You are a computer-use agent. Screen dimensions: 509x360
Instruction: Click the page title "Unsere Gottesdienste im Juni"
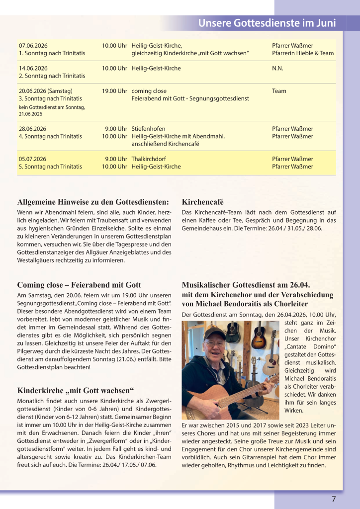tap(267, 23)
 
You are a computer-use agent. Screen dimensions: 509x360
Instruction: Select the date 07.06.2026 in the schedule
tap(33, 46)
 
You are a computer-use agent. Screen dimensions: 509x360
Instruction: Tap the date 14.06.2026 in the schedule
tap(33, 68)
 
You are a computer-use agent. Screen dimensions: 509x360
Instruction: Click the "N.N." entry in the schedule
tap(277, 68)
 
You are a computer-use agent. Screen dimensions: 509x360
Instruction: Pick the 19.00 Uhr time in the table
tap(114, 91)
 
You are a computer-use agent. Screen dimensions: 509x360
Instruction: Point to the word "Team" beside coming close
tap(279, 91)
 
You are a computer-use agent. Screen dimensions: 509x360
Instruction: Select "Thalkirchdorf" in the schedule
tap(149, 159)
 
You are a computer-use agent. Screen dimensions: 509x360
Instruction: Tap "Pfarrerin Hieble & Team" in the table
tap(303, 53)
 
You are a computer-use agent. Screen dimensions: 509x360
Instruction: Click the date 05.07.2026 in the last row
tap(33, 159)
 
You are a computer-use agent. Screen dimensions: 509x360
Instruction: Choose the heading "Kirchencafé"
tap(203, 202)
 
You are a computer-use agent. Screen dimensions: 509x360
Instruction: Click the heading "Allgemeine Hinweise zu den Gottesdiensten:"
tap(93, 202)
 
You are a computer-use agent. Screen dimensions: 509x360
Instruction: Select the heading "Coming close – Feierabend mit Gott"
tap(80, 285)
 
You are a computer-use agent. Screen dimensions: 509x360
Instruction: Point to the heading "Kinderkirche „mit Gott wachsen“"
tap(72, 390)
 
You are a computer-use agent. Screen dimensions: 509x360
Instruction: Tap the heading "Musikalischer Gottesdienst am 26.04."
tap(246, 285)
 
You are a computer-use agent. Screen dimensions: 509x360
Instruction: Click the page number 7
tap(334, 499)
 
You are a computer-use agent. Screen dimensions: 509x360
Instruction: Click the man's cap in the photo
tap(213, 333)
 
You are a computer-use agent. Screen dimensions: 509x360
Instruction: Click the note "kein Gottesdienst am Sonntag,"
tap(52, 107)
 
